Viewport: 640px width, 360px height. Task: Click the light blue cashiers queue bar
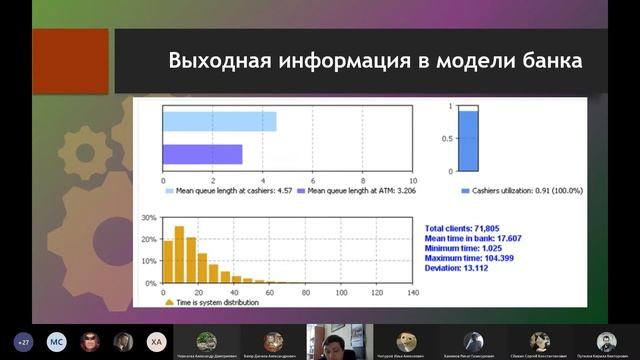tap(220, 121)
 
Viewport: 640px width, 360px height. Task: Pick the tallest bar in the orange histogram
tap(180, 254)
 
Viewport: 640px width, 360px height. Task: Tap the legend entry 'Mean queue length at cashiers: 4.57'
tap(232, 189)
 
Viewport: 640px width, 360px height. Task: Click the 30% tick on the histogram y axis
tap(149, 217)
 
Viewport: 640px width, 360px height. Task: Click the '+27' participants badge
tap(23, 340)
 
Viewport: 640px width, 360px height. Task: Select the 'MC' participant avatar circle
tap(57, 340)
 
